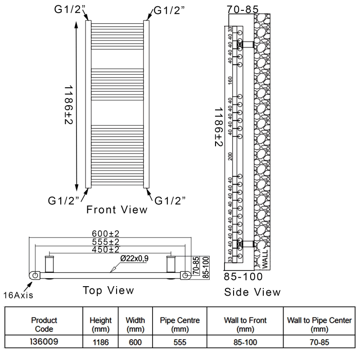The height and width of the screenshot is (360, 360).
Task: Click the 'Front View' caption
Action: click(x=117, y=209)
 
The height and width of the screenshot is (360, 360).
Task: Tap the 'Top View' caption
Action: click(x=108, y=290)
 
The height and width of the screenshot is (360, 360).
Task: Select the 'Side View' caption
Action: click(x=252, y=292)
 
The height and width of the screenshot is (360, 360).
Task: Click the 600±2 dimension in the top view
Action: click(x=106, y=234)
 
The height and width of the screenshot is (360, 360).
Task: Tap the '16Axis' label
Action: click(x=18, y=295)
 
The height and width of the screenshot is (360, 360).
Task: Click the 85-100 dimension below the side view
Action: click(x=243, y=276)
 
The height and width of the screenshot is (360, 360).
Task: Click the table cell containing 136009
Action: click(x=44, y=342)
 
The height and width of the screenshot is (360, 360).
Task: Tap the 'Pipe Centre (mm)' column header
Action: click(x=180, y=324)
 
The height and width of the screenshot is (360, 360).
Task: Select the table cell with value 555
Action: click(x=180, y=342)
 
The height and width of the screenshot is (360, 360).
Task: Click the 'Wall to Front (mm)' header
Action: click(x=245, y=324)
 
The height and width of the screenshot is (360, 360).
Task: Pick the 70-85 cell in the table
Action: click(x=319, y=342)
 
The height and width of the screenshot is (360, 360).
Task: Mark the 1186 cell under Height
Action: click(x=100, y=342)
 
